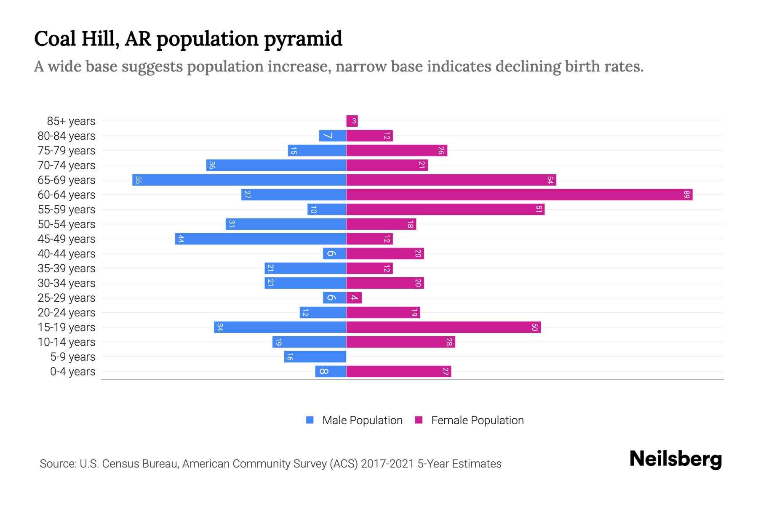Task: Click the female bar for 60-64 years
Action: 519,195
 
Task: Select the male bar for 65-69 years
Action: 239,180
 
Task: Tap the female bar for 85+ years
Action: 352,121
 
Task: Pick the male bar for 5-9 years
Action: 315,357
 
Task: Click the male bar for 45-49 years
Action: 261,239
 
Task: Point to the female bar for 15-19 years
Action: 443,327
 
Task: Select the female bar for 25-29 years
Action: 354,298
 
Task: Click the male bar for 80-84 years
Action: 333,136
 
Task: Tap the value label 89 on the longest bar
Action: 687,195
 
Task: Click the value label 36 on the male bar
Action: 212,165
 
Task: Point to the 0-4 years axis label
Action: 72,372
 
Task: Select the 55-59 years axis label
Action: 67,210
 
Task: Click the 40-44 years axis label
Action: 67,254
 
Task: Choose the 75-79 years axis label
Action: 67,151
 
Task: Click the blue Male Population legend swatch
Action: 310,420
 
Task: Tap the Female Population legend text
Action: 477,420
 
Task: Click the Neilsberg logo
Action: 675,459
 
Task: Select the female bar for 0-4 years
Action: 398,372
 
